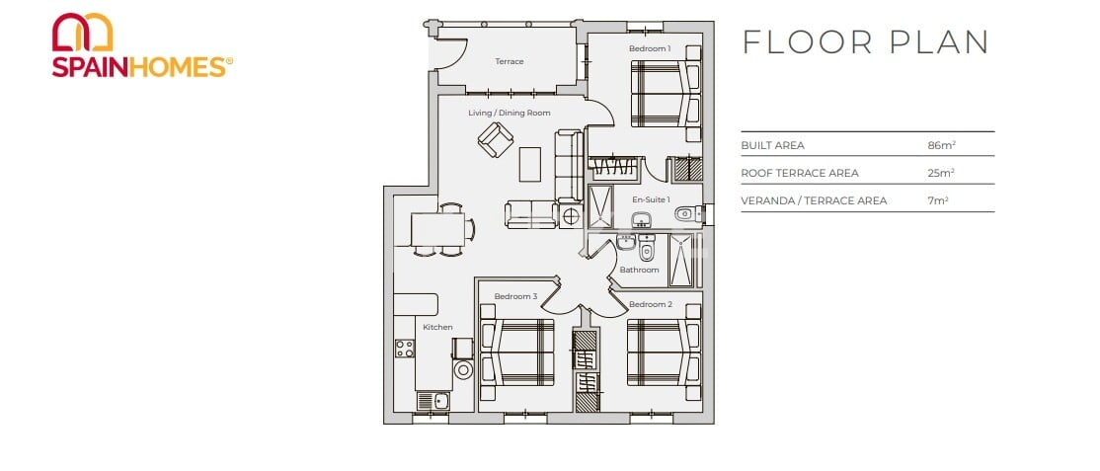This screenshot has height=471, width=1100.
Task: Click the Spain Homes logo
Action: (141, 45)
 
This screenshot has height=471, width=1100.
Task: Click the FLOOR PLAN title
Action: (865, 42)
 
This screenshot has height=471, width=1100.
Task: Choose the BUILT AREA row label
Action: (772, 145)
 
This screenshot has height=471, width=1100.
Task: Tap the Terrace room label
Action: (509, 62)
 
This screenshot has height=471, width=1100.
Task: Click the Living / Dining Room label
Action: (509, 114)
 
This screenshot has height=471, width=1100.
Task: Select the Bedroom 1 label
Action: (650, 48)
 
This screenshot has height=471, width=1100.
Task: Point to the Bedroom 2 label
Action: (650, 304)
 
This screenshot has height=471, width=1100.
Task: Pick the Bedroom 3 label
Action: (515, 296)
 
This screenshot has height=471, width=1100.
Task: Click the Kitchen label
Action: (437, 327)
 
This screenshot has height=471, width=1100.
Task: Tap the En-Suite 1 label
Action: (651, 199)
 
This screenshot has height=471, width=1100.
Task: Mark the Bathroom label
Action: (639, 270)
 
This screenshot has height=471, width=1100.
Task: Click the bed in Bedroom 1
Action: (665, 94)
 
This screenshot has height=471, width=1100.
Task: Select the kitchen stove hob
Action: (405, 348)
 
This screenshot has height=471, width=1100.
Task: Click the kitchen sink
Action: (432, 401)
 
